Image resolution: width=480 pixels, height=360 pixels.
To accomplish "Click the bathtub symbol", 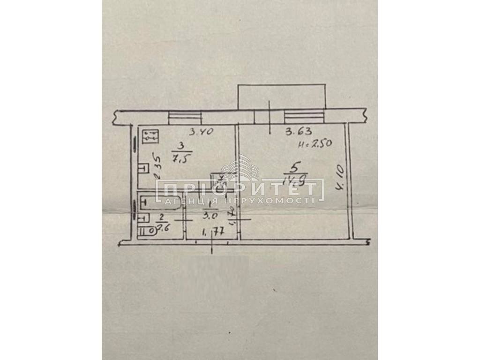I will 159,201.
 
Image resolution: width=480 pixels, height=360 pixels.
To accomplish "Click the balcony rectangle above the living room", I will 281,97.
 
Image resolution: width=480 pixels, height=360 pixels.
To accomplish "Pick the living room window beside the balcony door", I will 304,117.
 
